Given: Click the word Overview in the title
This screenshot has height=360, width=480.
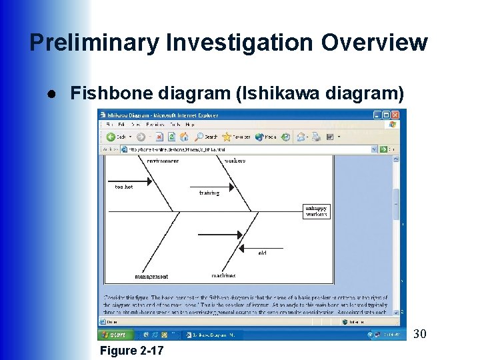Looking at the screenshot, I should pos(374,43).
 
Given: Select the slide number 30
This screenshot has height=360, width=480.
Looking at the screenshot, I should pos(420,333).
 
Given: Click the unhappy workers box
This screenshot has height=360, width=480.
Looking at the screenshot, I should pos(316,211).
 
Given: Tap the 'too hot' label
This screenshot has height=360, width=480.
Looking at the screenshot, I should pos(123,187).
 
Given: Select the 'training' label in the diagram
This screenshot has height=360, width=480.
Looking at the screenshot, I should pos(209,193).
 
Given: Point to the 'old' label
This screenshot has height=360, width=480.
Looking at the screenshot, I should pos(262,253).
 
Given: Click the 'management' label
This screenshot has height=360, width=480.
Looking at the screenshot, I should pos(151,276).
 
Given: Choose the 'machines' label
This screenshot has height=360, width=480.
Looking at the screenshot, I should pos(223,275).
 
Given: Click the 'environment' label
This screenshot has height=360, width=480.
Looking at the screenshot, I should pos(162,161).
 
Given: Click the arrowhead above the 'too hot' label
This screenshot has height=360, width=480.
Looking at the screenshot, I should pos(150,180).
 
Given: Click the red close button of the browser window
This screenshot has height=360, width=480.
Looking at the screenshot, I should pos(394,124).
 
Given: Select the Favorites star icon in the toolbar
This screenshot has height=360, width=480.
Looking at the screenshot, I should pos(227,137).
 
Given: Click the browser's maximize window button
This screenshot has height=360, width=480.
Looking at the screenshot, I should pos(385,124).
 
